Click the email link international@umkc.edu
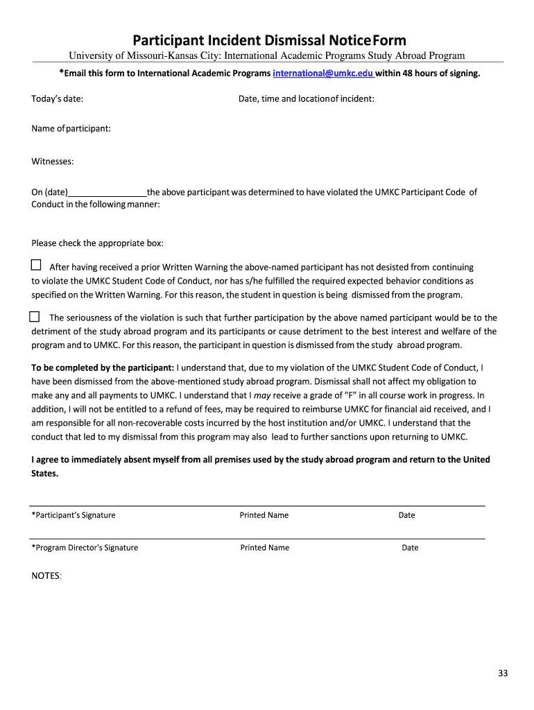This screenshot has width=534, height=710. (323, 73)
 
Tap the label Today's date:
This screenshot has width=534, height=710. (58, 99)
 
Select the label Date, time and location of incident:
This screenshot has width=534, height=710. (307, 99)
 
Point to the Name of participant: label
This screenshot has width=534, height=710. (71, 129)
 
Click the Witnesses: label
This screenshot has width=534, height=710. (53, 162)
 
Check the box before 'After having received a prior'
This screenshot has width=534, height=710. (36, 265)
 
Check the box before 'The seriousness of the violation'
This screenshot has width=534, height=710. (34, 317)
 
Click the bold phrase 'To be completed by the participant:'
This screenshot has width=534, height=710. (103, 367)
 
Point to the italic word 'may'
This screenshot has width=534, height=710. (262, 395)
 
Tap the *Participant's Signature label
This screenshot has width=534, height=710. (74, 515)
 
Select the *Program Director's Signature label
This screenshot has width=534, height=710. (85, 548)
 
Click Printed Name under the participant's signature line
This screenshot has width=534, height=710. (264, 515)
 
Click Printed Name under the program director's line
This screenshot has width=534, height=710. (265, 548)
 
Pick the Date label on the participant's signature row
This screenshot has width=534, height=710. (406, 515)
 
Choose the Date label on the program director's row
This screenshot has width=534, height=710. (410, 548)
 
